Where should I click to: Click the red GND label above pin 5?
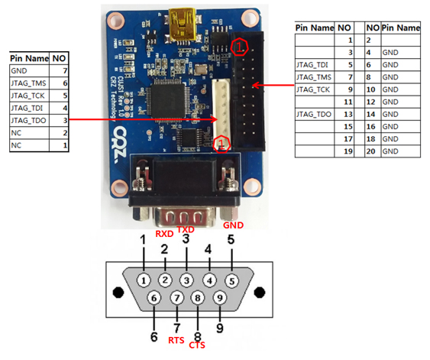(x=233, y=226)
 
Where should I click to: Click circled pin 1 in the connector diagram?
(x=145, y=279)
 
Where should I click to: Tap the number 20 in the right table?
(x=370, y=151)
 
